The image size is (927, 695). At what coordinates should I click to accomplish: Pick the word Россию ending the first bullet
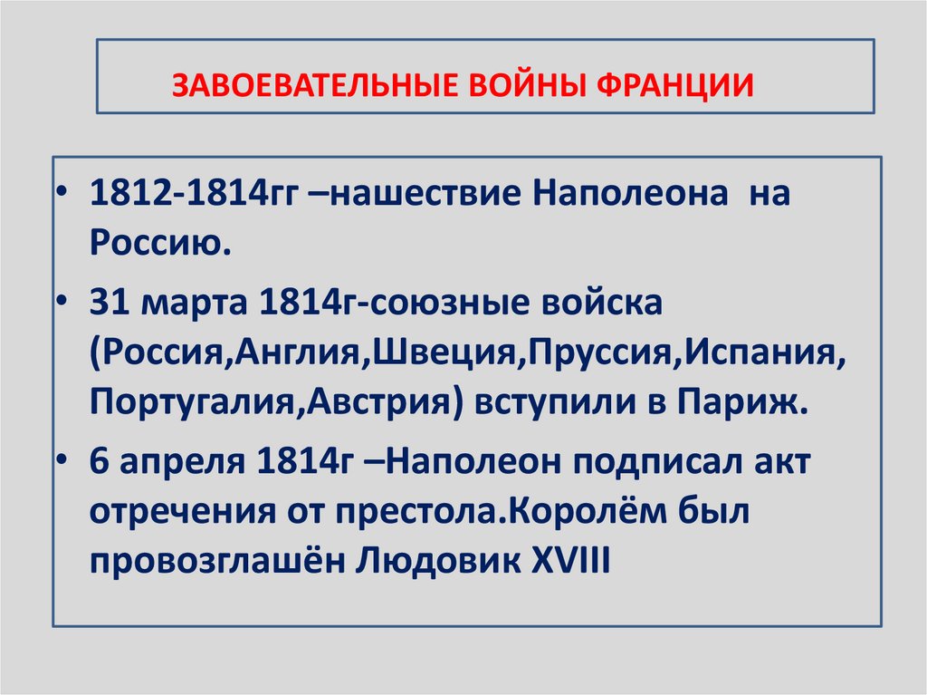pos(156,243)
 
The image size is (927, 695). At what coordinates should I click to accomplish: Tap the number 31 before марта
pos(109,304)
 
